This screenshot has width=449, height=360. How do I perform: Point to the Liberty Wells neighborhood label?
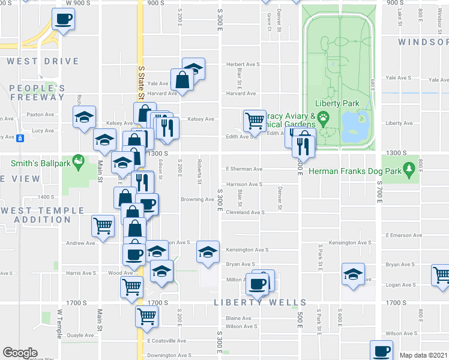[260, 302]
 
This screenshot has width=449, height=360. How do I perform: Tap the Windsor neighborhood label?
[423, 42]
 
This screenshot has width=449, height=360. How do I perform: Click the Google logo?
[20, 353]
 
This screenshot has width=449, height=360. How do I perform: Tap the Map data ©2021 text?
[423, 355]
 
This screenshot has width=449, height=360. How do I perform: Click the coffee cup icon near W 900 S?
[63, 19]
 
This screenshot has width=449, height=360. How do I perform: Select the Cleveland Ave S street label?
[245, 212]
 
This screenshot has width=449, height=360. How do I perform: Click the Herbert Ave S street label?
[243, 64]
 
